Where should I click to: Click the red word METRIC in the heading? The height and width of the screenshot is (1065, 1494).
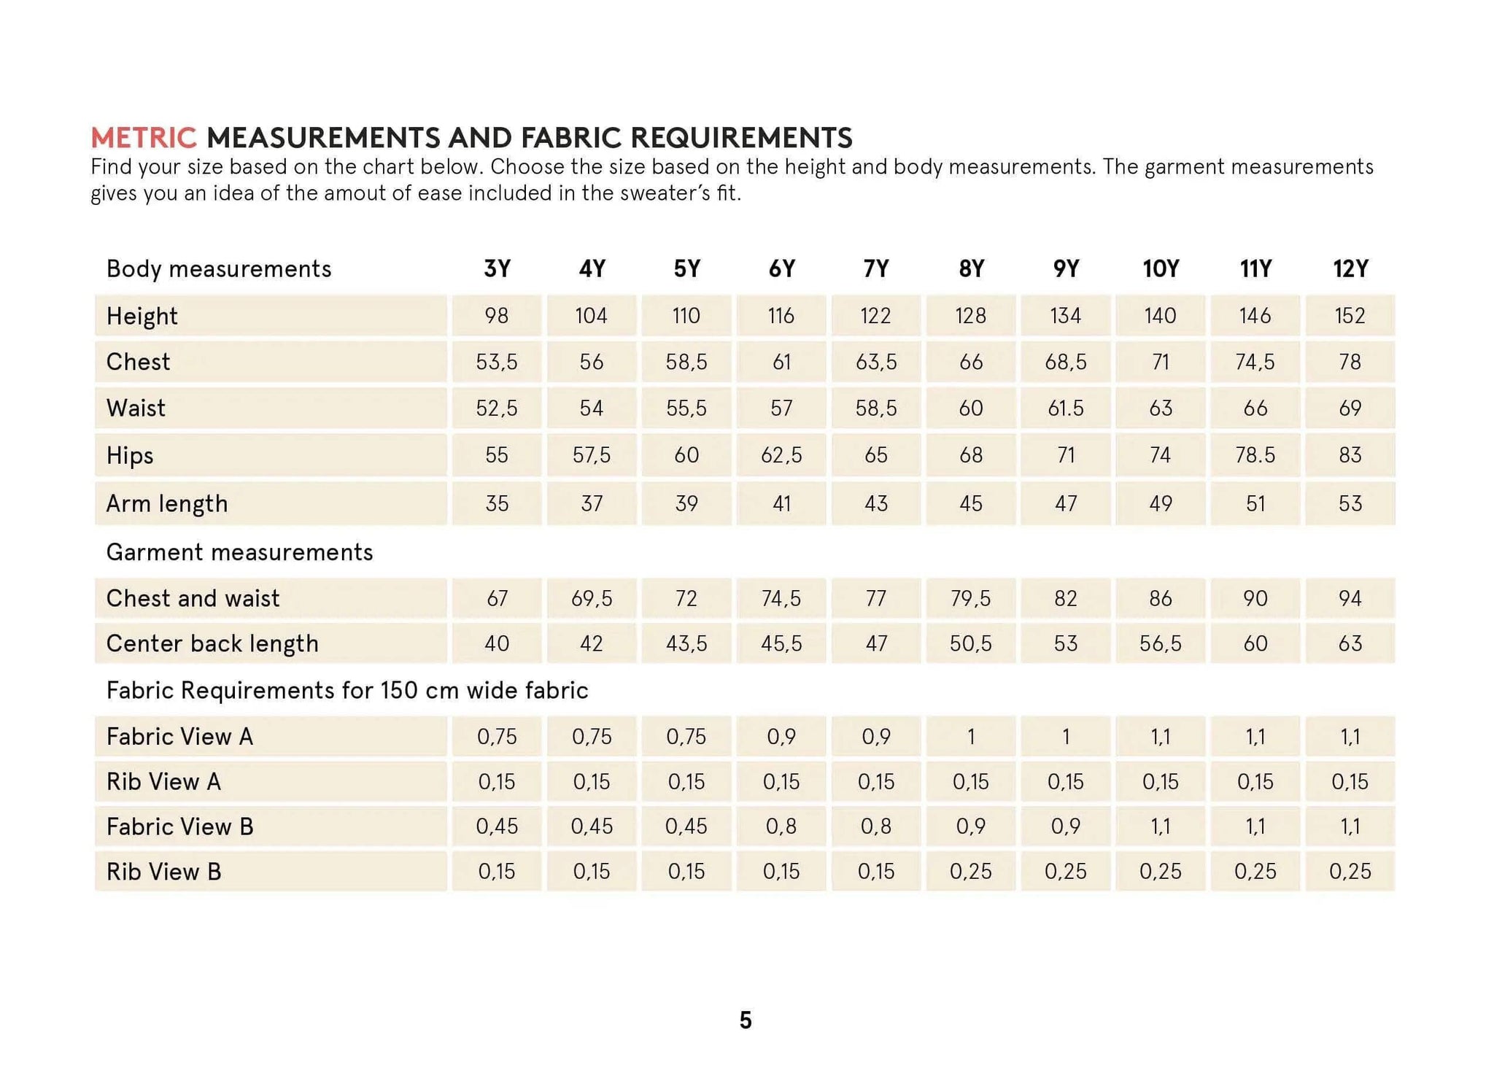coord(144,137)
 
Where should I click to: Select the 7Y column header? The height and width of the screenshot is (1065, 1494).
coord(875,268)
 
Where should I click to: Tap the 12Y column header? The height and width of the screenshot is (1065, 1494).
coord(1350,268)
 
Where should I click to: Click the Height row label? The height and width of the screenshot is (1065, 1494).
coord(142,316)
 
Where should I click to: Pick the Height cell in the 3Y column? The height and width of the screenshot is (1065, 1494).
coord(497,316)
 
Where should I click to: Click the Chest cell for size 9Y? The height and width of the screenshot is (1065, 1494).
coord(1065,362)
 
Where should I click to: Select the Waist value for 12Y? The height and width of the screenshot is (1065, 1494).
coord(1350,408)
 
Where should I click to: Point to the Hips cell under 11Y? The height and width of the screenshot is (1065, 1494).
coord(1255,455)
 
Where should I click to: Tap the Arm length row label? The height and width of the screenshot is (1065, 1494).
coord(167,503)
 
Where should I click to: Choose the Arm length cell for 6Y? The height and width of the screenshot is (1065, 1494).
coord(781,503)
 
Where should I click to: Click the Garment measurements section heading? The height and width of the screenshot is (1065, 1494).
coord(239,552)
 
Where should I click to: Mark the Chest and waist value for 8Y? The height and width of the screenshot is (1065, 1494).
coord(970,598)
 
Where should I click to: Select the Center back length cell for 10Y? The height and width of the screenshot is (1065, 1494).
coord(1160,643)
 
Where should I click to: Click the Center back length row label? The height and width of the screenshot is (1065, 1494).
coord(212,643)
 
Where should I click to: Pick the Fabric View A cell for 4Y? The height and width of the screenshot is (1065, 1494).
coord(591,737)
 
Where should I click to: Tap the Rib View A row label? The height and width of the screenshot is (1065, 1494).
coord(163,782)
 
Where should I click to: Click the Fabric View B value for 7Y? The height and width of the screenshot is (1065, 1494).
coord(875,826)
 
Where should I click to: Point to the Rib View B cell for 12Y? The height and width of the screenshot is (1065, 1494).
coord(1350,871)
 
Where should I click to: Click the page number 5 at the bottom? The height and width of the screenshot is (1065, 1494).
coord(745,1020)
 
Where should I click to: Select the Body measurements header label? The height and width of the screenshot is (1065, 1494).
coord(219,268)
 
